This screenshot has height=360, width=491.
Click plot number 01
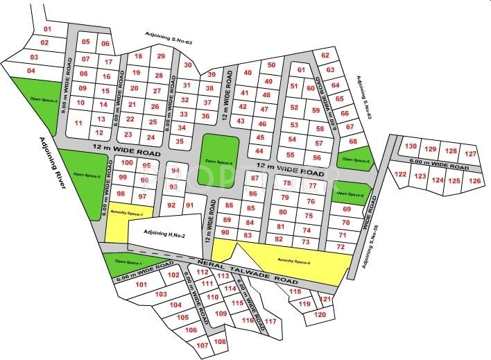tap(48, 29)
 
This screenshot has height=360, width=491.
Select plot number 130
tap(411, 146)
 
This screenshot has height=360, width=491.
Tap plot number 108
tap(221, 342)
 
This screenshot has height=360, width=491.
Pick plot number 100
tap(126, 163)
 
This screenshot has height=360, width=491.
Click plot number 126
tap(474, 181)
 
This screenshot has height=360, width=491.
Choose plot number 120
tap(319, 314)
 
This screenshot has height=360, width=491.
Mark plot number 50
tap(271, 65)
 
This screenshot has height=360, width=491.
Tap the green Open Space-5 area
tap(354, 160)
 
